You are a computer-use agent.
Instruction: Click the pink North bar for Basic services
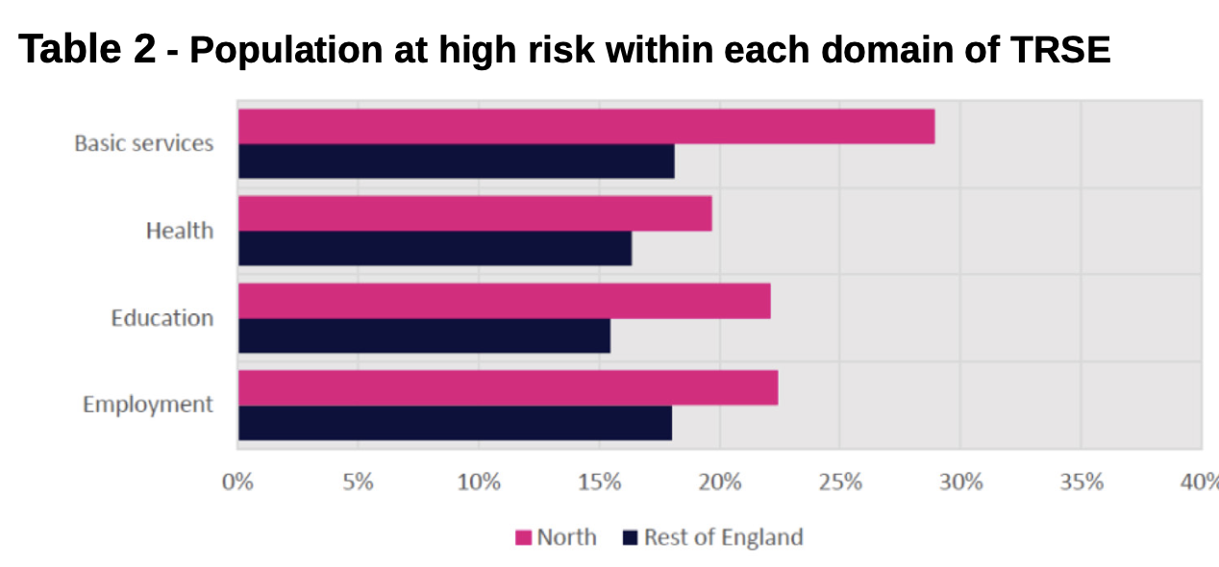pos(586,126)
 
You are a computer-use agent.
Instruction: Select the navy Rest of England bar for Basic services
pos(456,161)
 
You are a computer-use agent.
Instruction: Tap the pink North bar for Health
pos(475,213)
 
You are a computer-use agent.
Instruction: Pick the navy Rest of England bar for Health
pos(435,248)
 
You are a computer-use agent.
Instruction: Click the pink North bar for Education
pos(504,301)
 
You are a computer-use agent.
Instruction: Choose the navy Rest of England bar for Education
pos(424,335)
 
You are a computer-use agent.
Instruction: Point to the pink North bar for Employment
pos(508,388)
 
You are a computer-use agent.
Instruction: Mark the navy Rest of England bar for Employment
pos(455,423)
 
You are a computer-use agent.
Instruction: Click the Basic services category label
pos(144,143)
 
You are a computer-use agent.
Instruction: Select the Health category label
pos(180,231)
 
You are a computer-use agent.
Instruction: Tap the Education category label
pos(162,318)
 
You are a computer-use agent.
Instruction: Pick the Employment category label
pos(148,405)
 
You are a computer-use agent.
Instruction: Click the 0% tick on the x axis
pos(237,481)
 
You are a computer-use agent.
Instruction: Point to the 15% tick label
pos(599,481)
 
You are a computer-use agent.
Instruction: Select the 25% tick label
pos(840,481)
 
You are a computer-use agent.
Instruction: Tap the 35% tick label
pos(1081,481)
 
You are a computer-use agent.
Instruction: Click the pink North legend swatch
pos(523,537)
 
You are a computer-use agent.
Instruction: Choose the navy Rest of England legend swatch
pos(631,537)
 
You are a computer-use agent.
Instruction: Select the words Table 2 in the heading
pos(87,50)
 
